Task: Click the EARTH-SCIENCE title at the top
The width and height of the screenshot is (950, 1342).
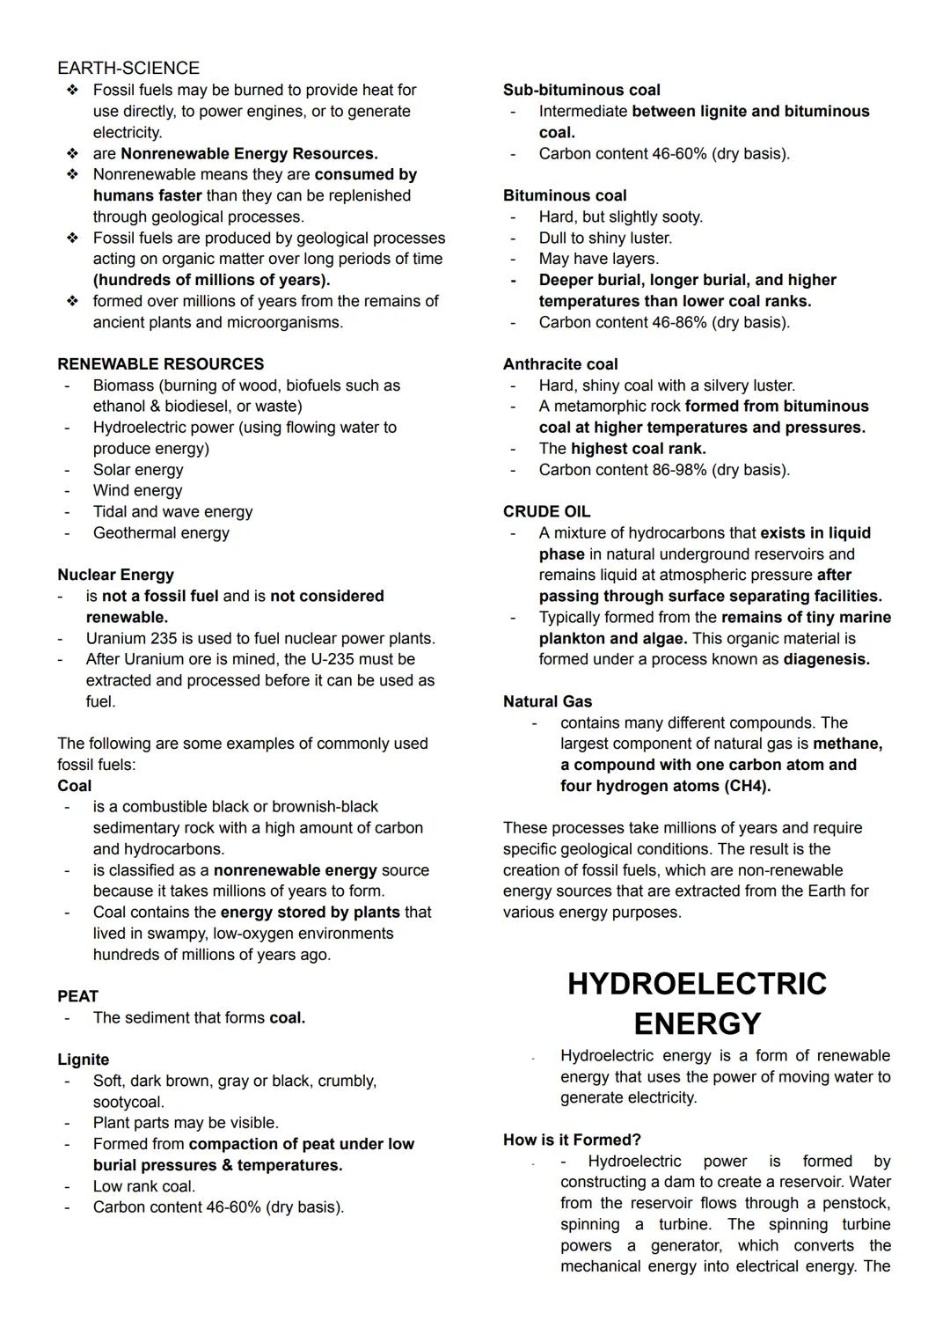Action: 128,68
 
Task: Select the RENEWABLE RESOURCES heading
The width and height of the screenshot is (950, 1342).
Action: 160,363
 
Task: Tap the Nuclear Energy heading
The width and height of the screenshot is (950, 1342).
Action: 115,575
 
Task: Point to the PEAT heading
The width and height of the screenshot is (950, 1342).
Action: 77,996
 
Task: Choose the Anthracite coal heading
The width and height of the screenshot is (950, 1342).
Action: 560,363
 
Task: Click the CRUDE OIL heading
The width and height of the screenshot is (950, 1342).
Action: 546,511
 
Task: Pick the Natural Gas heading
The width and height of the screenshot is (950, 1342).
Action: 547,701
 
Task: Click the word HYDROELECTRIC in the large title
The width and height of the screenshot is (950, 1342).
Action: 697,983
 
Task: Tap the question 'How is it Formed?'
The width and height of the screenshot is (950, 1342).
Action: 572,1140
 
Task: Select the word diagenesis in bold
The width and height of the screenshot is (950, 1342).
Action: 826,659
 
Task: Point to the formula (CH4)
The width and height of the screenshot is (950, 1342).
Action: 747,786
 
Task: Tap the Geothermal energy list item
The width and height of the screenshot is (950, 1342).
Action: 161,532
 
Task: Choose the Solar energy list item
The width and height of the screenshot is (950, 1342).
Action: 138,469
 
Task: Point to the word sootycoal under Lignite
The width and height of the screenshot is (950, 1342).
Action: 128,1102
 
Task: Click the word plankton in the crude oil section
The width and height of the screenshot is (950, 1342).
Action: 572,638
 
